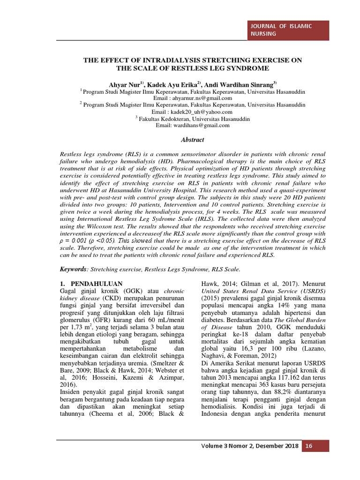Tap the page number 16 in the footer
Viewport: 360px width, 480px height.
pos(309,446)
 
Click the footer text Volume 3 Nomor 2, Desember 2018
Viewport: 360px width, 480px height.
pos(249,446)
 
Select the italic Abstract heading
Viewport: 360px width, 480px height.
pos(193,139)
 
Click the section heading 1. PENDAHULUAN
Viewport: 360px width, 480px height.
pos(91,284)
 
